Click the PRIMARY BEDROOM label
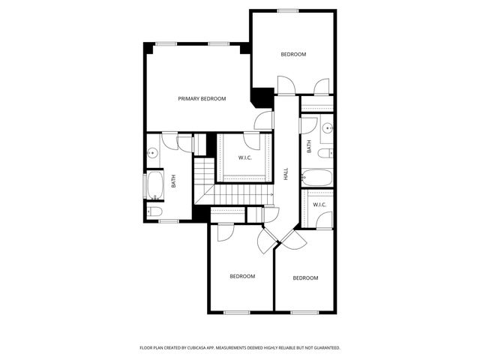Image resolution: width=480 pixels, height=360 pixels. tap(202, 98)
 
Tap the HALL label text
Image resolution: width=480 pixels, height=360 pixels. tap(286, 173)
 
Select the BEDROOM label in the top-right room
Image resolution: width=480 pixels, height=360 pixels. tap(293, 54)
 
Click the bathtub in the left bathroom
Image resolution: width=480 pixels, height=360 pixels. tap(154, 185)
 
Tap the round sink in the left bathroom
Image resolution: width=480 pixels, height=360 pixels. tap(153, 152)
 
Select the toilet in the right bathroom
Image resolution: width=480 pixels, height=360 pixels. tap(324, 154)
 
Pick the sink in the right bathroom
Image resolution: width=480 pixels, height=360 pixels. tap(327, 128)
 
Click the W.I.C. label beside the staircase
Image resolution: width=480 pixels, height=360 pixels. tap(245, 157)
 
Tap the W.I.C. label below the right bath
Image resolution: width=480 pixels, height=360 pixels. tap(319, 204)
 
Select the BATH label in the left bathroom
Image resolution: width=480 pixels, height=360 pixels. tap(173, 181)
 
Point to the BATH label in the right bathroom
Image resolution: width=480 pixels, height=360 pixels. tap(308, 148)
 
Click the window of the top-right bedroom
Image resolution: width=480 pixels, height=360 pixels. tap(288, 10)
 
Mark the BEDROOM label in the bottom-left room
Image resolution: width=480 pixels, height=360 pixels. tap(242, 276)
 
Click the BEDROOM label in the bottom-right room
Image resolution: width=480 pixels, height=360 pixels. tap(305, 278)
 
